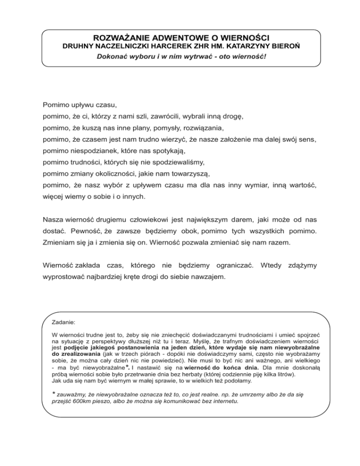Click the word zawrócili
click(x=163, y=115)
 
